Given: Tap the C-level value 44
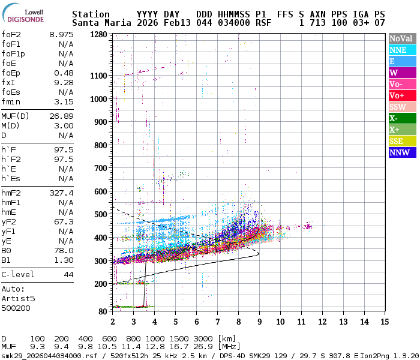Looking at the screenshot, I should pos(68,275).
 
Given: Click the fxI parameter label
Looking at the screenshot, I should pos(8,83).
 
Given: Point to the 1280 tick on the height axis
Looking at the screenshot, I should pos(99,35).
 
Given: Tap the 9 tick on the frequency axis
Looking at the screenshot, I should pos(259,322).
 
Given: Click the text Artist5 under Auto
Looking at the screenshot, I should pos(18,298).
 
